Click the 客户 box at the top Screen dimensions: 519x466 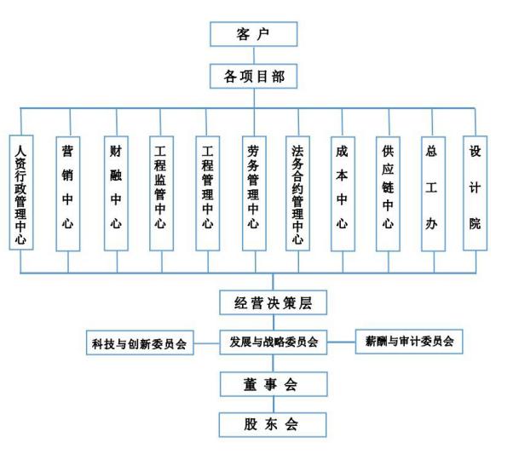(x=254, y=34)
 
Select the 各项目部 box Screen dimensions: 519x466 (x=254, y=77)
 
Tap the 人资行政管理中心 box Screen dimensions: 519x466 (x=21, y=193)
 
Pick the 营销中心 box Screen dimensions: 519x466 (x=68, y=193)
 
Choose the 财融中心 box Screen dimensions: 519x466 (x=116, y=193)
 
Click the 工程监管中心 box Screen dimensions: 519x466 (x=161, y=193)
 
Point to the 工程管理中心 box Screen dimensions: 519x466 (x=208, y=193)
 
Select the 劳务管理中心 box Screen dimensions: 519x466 (x=254, y=193)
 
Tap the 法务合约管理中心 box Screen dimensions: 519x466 (x=298, y=193)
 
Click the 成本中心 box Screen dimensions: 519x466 (x=343, y=193)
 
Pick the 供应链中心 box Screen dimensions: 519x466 (x=388, y=193)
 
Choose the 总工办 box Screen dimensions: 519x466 (x=433, y=193)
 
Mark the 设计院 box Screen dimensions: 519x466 (x=475, y=193)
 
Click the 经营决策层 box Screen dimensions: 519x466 (x=273, y=302)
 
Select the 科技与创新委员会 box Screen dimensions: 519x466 (x=140, y=342)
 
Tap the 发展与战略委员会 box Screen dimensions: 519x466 (x=274, y=342)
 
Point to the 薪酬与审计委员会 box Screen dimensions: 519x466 (x=409, y=342)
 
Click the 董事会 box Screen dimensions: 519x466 (x=274, y=384)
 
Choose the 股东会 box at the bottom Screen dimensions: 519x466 (x=273, y=424)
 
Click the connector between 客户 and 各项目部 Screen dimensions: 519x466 (x=254, y=55)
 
